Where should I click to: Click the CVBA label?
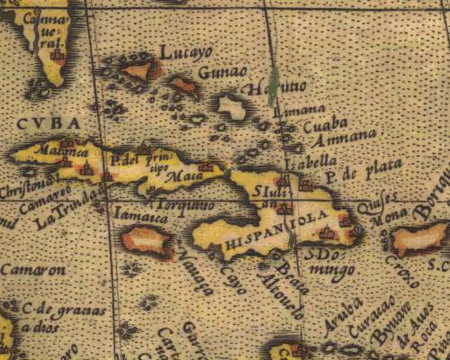coord(47,123)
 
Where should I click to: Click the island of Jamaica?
coord(146,238)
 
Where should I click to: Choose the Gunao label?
coord(220,73)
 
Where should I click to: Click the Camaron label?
coord(32,269)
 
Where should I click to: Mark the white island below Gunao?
coord(233,108)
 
